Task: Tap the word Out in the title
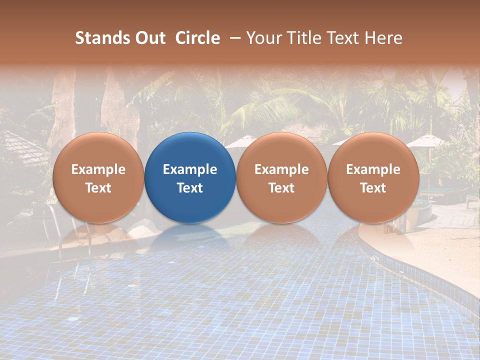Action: [149, 38]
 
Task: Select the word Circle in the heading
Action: [197, 38]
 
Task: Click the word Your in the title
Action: [262, 38]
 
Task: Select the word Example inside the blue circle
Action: [190, 169]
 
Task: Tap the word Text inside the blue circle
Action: [190, 188]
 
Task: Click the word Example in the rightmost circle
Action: [373, 169]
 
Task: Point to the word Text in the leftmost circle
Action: [98, 188]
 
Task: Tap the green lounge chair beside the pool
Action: [445, 192]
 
